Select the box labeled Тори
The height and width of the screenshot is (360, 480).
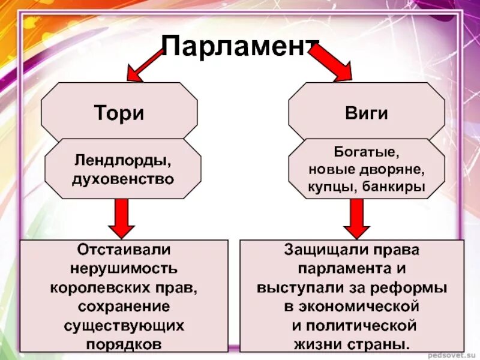[x=119, y=113]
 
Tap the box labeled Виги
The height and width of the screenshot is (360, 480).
[x=367, y=113]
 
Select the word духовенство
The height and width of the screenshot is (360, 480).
[x=123, y=178]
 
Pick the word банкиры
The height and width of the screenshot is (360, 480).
[x=394, y=187]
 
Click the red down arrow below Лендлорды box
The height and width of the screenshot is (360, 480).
[x=122, y=218]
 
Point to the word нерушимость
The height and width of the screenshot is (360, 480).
[x=124, y=268]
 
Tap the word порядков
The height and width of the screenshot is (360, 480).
[x=124, y=345]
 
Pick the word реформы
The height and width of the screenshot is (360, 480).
[x=417, y=287]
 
